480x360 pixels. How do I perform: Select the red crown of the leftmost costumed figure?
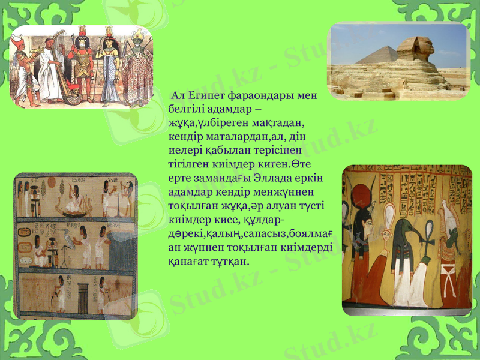click(x=17, y=41)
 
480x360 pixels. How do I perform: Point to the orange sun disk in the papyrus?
click(x=61, y=182)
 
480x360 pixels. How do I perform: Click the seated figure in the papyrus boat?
click(x=75, y=195)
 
